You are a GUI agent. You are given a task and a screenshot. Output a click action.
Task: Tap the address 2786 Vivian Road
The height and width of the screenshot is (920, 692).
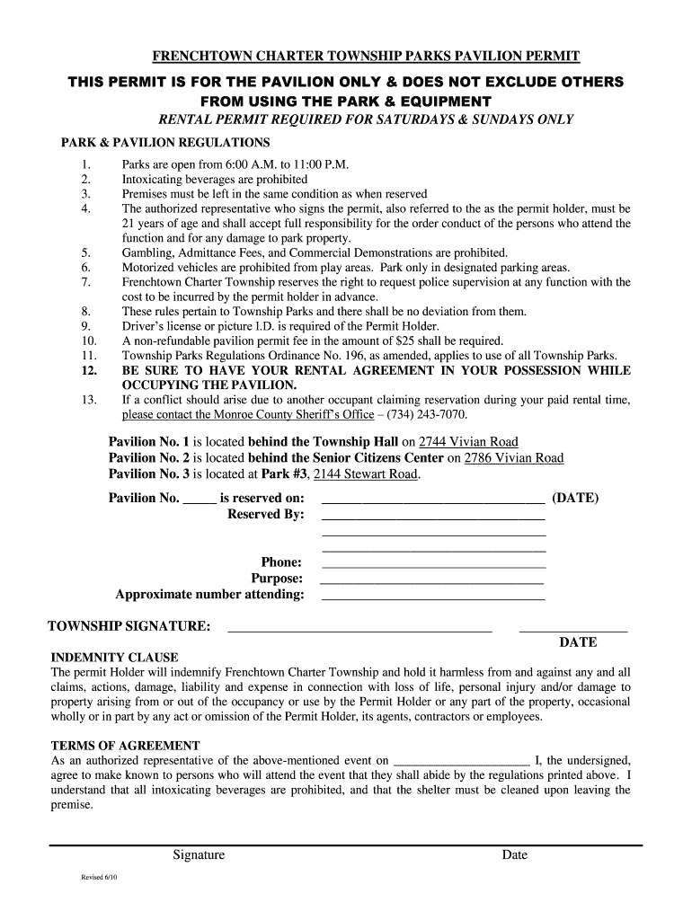point(513,458)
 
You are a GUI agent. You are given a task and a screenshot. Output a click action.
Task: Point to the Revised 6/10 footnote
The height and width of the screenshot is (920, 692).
point(100,878)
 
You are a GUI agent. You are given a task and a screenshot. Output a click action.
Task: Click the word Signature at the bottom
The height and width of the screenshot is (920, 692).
point(199,855)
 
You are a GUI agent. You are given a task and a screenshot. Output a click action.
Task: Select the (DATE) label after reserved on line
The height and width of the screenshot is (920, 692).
point(575,499)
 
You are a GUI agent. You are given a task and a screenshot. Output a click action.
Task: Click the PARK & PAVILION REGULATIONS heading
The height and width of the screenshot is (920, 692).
point(165,143)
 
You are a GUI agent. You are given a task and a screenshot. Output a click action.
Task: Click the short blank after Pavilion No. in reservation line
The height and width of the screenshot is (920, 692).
point(200,501)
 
